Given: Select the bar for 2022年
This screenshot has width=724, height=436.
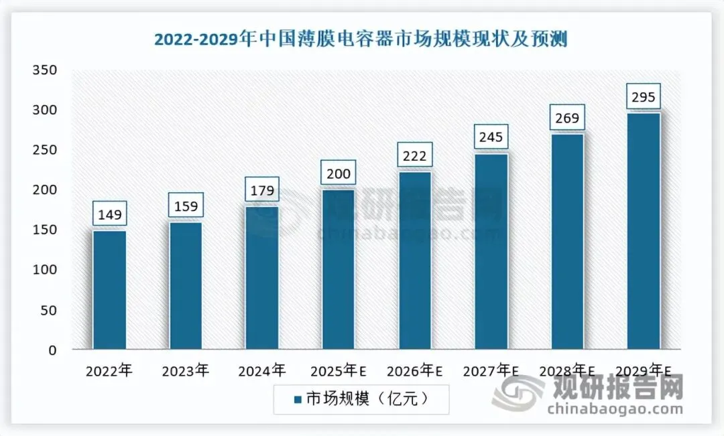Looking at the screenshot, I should pyautogui.click(x=109, y=290).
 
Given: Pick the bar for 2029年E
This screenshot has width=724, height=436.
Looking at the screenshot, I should pyautogui.click(x=644, y=231).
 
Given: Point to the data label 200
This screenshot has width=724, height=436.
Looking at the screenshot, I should pyautogui.click(x=338, y=173).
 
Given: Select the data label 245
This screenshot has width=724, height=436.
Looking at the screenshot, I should pyautogui.click(x=491, y=138).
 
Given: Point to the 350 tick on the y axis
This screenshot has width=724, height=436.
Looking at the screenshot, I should pyautogui.click(x=44, y=70).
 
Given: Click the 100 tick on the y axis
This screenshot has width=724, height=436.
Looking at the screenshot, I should pyautogui.click(x=44, y=270).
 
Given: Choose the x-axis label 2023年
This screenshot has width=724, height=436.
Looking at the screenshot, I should pyautogui.click(x=185, y=370).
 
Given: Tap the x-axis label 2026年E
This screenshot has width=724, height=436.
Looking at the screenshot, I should pyautogui.click(x=415, y=370).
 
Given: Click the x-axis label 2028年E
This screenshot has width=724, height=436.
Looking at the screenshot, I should pyautogui.click(x=568, y=370).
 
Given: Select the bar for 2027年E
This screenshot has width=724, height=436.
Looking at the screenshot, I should pyautogui.click(x=491, y=251).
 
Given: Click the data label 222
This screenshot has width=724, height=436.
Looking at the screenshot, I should pyautogui.click(x=414, y=156).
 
